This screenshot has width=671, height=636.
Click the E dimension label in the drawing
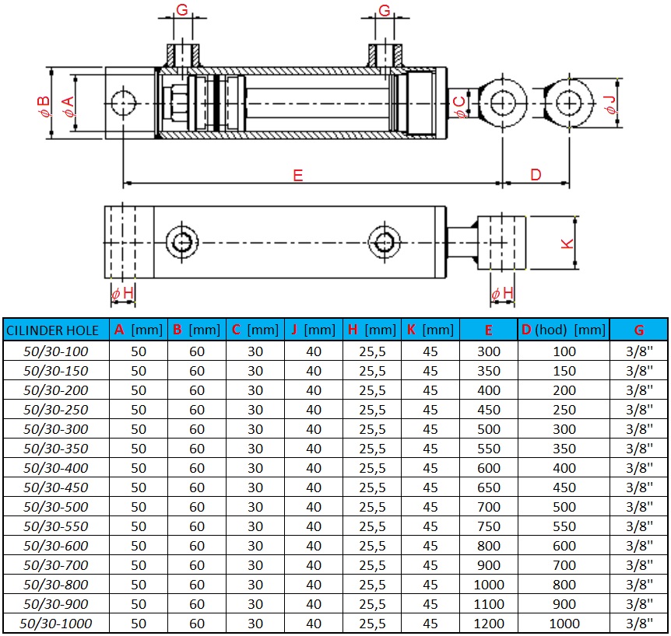(x=298, y=175)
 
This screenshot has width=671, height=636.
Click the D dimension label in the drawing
(x=536, y=175)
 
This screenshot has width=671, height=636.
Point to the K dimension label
(x=568, y=243)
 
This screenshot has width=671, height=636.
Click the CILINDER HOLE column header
(x=53, y=330)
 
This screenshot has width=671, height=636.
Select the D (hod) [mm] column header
(x=564, y=330)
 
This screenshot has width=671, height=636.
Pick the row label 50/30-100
(x=56, y=351)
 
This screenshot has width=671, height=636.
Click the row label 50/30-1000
(x=56, y=624)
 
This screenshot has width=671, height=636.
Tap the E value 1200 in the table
(x=489, y=624)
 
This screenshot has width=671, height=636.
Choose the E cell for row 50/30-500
(x=489, y=507)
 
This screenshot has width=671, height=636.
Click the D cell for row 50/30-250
(x=564, y=410)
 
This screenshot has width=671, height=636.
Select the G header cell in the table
(x=639, y=330)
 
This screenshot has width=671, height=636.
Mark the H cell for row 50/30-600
(x=372, y=546)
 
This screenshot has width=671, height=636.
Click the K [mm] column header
(x=430, y=330)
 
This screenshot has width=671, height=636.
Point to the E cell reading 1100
(x=489, y=604)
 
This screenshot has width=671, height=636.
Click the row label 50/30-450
(x=56, y=487)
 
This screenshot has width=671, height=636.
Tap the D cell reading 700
(x=564, y=565)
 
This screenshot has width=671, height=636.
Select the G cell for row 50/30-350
(x=639, y=449)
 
